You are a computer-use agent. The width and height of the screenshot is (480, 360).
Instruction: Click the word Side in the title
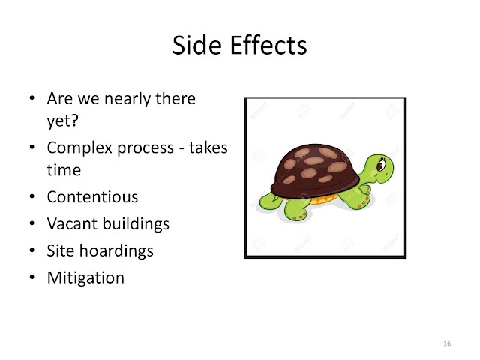tap(196, 45)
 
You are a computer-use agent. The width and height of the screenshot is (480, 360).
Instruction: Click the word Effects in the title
tap(268, 45)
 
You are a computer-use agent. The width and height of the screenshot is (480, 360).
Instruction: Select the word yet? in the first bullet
tap(63, 121)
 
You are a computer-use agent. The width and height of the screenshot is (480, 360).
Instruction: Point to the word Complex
tap(79, 148)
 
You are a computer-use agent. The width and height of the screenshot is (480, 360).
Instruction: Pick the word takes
tap(208, 148)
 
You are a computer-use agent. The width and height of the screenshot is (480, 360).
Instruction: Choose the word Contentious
tap(92, 196)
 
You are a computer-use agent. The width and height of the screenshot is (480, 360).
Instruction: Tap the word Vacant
tap(73, 223)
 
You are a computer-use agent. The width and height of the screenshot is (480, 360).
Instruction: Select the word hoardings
tap(116, 251)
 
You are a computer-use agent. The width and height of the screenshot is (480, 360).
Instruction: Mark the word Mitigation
tap(85, 278)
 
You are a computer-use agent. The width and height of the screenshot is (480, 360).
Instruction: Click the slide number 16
tap(447, 343)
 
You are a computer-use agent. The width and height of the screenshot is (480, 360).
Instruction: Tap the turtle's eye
tap(382, 165)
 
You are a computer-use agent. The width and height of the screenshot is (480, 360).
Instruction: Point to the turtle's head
tap(379, 169)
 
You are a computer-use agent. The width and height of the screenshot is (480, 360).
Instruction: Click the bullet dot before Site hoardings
tap(32, 250)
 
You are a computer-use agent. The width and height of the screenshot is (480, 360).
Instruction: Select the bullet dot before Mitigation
tap(32, 277)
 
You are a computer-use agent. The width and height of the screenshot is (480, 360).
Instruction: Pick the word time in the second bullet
tap(64, 170)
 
